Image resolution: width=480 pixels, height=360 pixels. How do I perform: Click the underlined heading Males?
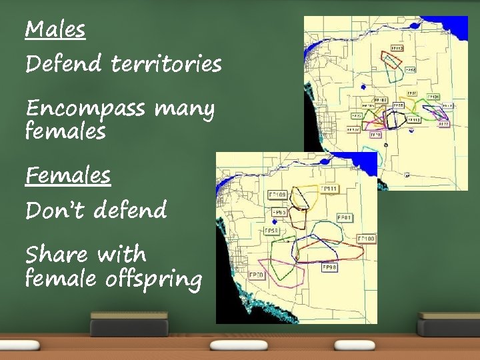[55, 30]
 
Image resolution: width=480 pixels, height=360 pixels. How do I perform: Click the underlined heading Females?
[67, 176]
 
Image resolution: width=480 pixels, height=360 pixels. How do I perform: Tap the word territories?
[166, 65]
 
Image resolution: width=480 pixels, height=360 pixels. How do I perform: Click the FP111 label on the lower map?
[329, 190]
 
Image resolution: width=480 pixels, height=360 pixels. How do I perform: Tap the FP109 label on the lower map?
[277, 194]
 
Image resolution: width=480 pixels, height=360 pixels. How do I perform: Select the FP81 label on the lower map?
[344, 217]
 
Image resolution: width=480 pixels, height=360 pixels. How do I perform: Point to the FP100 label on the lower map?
[366, 238]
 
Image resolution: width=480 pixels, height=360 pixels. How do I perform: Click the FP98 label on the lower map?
[330, 267]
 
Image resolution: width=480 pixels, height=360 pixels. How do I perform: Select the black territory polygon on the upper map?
[396, 119]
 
